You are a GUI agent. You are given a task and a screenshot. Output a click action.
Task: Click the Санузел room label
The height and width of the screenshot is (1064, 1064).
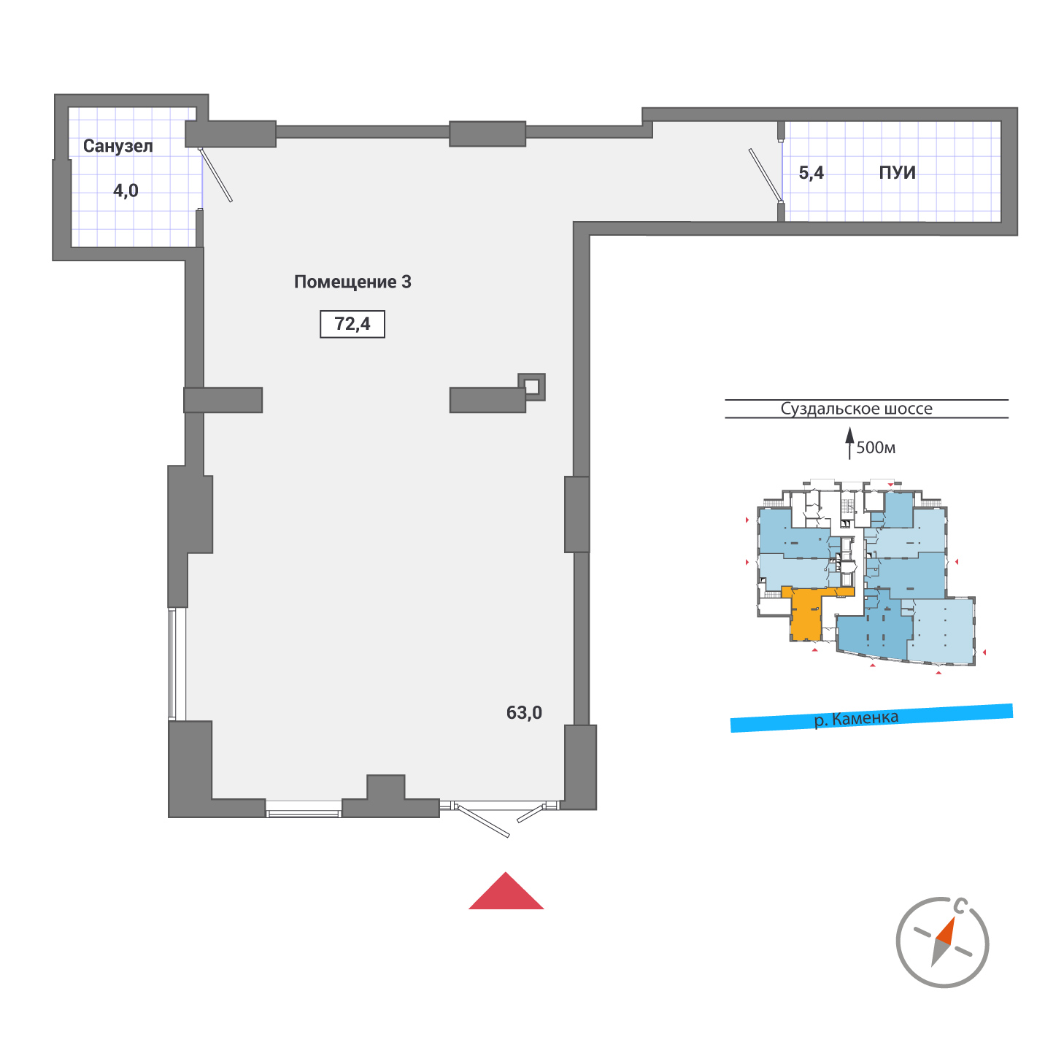[118, 146]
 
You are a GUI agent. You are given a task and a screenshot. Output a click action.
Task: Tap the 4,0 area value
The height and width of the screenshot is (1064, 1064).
[126, 191]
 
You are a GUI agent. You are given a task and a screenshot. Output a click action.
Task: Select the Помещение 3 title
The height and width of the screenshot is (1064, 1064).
[352, 282]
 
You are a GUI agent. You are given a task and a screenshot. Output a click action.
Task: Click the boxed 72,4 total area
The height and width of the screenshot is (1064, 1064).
[352, 324]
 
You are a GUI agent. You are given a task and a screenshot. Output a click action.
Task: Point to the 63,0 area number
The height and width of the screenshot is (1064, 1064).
[524, 712]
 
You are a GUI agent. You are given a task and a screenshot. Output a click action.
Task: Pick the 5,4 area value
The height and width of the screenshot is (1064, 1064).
[812, 173]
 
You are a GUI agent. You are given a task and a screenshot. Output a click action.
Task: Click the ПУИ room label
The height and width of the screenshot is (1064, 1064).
[897, 173]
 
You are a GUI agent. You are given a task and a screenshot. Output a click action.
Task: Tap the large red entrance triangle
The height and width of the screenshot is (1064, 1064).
[506, 893]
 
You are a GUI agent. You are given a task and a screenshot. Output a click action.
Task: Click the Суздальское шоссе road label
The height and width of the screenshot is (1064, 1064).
[856, 409]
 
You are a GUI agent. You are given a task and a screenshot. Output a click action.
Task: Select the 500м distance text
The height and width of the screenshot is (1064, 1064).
[876, 447]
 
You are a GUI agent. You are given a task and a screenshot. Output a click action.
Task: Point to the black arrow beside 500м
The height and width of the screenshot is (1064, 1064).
[849, 443]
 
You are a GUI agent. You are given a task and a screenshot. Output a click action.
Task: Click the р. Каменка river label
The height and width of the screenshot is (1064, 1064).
[856, 718]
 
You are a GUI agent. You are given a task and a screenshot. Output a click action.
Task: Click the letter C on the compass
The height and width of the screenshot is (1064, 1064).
[961, 907]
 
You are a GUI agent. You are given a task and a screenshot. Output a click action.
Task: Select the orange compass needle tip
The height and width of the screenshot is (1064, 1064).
[947, 928]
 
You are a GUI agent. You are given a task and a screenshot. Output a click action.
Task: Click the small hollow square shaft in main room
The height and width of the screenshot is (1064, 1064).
[532, 386]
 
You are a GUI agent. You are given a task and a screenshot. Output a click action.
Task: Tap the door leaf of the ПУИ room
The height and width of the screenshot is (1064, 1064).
[765, 174]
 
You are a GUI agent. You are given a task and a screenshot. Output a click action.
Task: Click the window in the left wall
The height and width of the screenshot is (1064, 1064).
[173, 664]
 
